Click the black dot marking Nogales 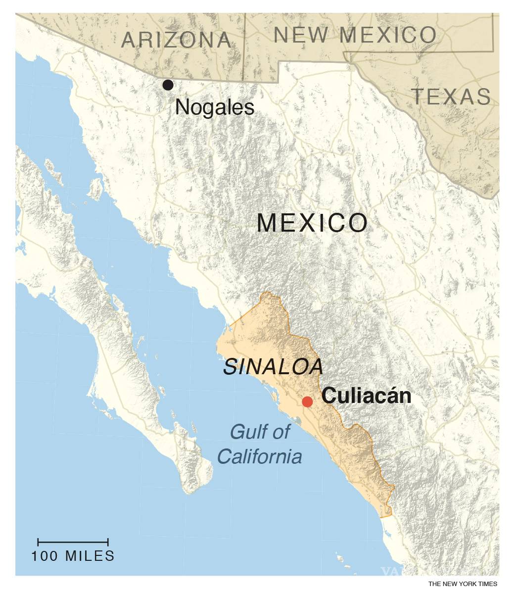pyautogui.click(x=168, y=85)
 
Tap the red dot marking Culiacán pyautogui.click(x=307, y=401)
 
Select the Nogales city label pyautogui.click(x=215, y=107)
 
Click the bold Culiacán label pyautogui.click(x=367, y=396)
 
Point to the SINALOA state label pyautogui.click(x=274, y=367)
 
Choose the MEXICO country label pyautogui.click(x=313, y=223)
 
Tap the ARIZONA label pyautogui.click(x=177, y=40)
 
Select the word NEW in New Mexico pyautogui.click(x=301, y=35)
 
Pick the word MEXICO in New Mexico pyautogui.click(x=389, y=35)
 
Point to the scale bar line pyautogui.click(x=73, y=542)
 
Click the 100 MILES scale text pyautogui.click(x=73, y=556)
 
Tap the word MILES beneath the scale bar pyautogui.click(x=90, y=556)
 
